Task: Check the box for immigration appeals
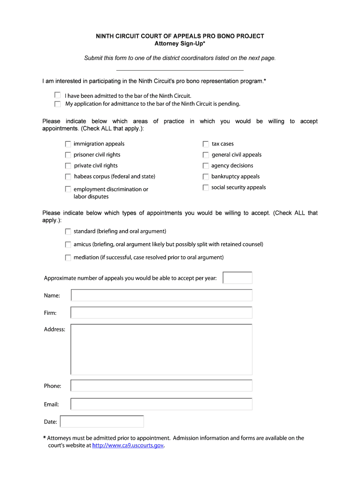[68, 144]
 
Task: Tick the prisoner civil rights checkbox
[68, 155]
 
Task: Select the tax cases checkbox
[206, 144]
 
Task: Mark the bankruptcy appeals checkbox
[206, 177]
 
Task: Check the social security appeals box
[206, 188]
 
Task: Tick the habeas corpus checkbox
[68, 177]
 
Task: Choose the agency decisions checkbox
[206, 166]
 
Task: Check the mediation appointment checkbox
[68, 258]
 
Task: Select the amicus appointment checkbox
[68, 245]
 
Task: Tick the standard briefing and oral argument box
[68, 232]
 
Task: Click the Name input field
[161, 295]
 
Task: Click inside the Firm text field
[161, 312]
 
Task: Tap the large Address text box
[161, 349]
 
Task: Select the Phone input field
[161, 385]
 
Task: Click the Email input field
[161, 404]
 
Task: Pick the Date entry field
[102, 421]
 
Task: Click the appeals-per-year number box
[238, 278]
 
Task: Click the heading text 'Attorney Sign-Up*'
[180, 44]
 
